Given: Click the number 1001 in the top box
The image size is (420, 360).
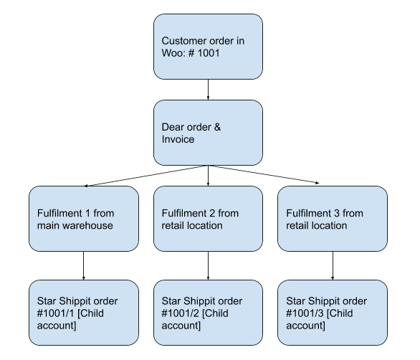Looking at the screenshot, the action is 209,53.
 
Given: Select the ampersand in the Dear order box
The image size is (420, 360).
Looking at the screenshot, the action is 217,127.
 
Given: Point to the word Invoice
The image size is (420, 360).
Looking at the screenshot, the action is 178,139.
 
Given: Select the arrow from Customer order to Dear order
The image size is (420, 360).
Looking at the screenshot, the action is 208,90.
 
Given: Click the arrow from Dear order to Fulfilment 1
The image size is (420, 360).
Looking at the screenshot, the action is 146,176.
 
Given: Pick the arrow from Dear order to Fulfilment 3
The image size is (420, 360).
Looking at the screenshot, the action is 264,174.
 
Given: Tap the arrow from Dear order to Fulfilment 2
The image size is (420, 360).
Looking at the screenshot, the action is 208,176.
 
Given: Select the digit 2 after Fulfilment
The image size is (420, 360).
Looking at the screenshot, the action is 212,214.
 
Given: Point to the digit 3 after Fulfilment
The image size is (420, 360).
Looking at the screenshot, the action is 337,214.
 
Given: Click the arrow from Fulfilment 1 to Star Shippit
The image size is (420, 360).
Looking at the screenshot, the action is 84,265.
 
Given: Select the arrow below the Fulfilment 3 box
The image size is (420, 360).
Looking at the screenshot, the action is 333,265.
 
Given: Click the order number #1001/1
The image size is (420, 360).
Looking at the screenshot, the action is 55,313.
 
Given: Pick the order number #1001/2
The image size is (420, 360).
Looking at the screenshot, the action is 180,313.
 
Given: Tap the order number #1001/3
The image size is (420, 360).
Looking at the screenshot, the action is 305,313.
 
